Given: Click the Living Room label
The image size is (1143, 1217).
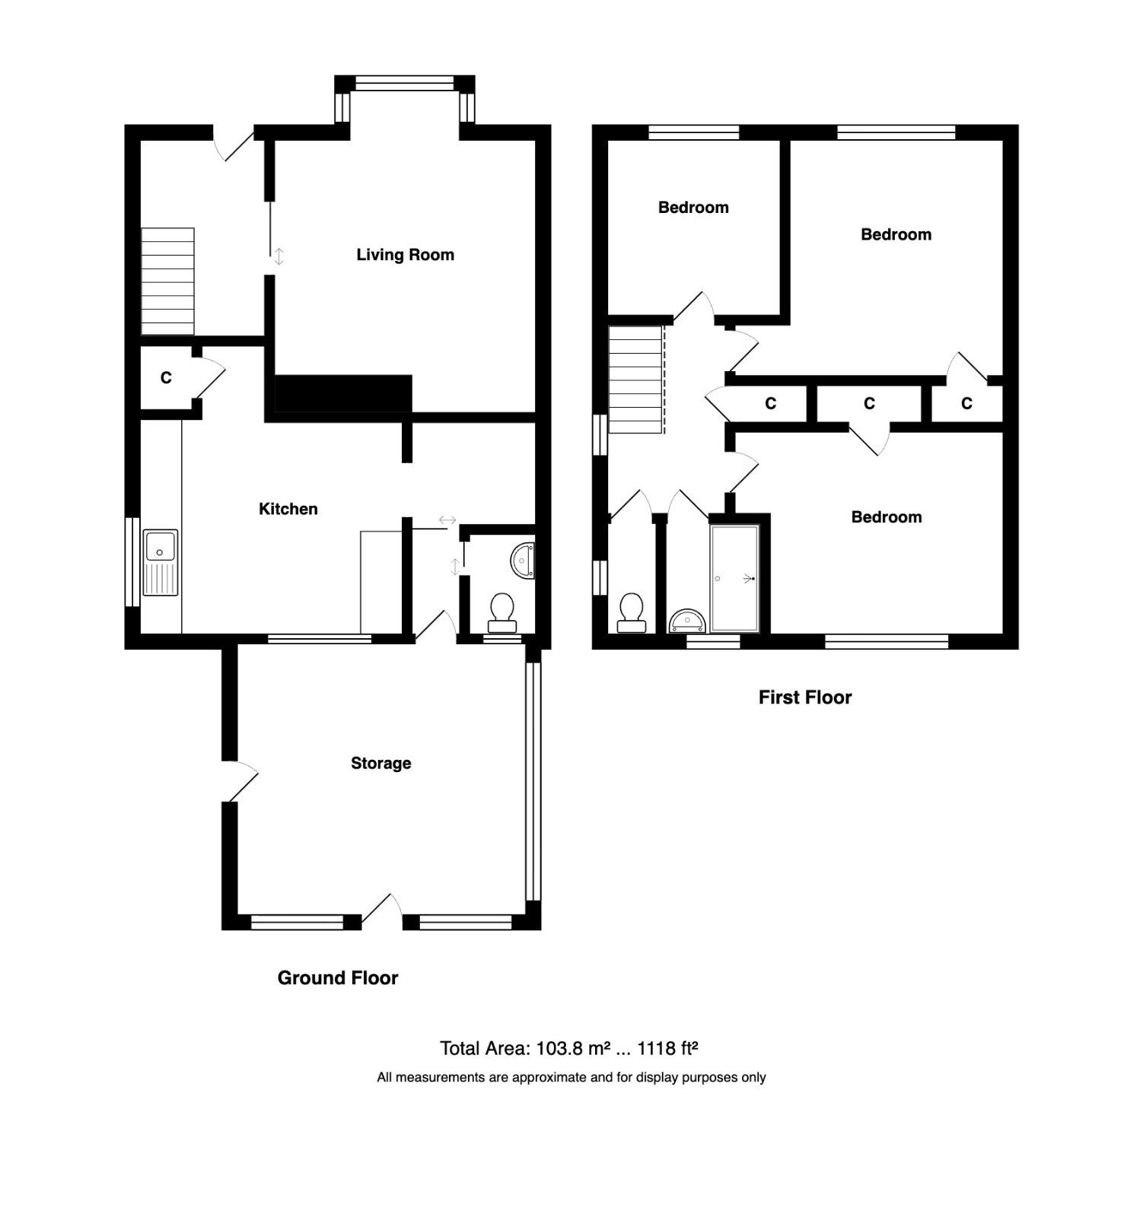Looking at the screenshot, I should tap(405, 255).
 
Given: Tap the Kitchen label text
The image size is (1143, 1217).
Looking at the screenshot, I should tap(288, 509).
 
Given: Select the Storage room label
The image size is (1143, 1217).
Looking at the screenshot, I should tap(380, 763).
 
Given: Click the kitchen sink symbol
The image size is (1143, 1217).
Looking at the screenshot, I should tap(161, 562).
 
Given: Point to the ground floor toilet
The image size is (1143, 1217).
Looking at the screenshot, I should tap(501, 613).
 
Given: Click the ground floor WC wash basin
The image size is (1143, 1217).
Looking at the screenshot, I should tap(524, 560).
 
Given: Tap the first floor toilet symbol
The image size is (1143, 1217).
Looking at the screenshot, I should tap(631, 613).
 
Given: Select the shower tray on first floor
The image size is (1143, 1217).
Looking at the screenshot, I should tap(735, 578).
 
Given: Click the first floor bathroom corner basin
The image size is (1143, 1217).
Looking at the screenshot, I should tap(687, 621).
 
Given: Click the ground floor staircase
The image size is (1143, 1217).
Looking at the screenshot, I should tap(167, 281).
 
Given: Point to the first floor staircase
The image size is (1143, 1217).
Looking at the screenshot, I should tap(635, 379).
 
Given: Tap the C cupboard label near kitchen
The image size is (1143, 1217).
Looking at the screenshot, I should tap(166, 377).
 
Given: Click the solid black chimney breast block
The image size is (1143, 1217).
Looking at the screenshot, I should tap(342, 393).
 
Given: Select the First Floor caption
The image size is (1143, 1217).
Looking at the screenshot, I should tap(804, 697).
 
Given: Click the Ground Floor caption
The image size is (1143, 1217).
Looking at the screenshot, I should tap(337, 977).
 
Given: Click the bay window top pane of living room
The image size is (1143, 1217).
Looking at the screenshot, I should tap(405, 84).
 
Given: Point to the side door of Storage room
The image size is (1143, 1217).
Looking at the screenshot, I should tap(242, 782).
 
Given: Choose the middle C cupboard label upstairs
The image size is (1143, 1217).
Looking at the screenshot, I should tap(869, 403).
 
